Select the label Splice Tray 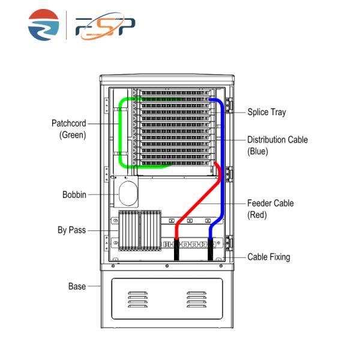[x=267, y=112]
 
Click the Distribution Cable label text [x=278, y=140]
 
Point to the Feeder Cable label [x=271, y=203]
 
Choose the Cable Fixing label [x=269, y=257]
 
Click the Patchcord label [x=69, y=124]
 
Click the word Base [x=76, y=287]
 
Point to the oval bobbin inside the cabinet [x=128, y=194]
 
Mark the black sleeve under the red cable [x=177, y=251]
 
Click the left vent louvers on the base [x=137, y=299]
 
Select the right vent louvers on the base [x=196, y=299]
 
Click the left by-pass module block [x=128, y=231]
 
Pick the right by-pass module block [x=150, y=231]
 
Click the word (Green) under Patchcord [x=73, y=135]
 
